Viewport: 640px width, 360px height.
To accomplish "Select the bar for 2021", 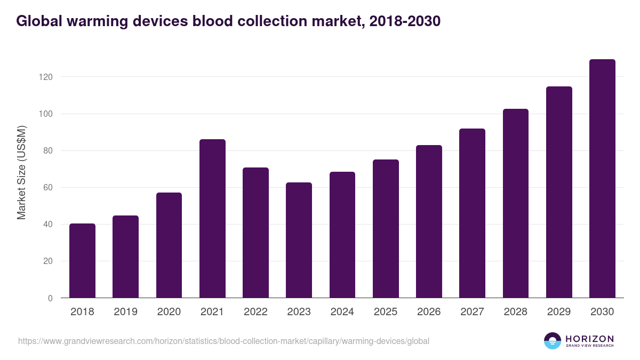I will (212, 219).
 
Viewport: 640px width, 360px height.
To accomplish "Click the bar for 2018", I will (82, 261).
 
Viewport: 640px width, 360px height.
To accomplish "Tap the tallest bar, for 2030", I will (602, 179).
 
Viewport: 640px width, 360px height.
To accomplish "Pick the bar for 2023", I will (299, 240).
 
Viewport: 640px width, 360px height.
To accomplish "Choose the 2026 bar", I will (429, 221).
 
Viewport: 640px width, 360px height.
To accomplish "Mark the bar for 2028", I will (516, 203).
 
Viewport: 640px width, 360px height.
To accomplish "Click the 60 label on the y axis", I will (48, 188).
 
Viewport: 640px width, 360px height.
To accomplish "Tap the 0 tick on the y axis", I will (50, 298).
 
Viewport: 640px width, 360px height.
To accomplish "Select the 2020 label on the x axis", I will (169, 312).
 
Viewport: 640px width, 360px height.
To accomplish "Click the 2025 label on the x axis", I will (386, 312).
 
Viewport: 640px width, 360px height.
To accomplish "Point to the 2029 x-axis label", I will (559, 312).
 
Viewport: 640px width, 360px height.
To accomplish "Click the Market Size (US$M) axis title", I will (21, 172).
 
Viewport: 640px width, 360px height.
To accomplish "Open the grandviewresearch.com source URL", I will (223, 341).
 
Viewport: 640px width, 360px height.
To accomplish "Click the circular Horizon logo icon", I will (553, 341).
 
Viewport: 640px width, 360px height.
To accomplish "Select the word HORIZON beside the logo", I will (589, 338).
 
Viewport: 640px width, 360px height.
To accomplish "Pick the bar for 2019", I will (125, 257).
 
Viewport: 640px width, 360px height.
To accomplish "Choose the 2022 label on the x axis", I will (255, 312).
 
